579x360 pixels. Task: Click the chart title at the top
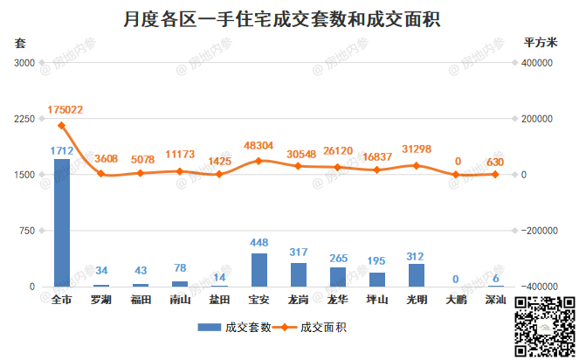pyautogui.click(x=279, y=17)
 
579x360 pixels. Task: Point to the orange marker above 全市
pyautogui.click(x=62, y=125)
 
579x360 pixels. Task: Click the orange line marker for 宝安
pyautogui.click(x=258, y=161)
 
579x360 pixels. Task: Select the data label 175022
pyautogui.click(x=65, y=110)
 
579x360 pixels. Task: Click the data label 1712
pyautogui.click(x=61, y=150)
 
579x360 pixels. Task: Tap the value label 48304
pyautogui.click(x=259, y=146)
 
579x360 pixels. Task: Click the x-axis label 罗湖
pyautogui.click(x=101, y=299)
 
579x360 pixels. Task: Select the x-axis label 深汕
pyautogui.click(x=495, y=299)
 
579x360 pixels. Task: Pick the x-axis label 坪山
pyautogui.click(x=377, y=299)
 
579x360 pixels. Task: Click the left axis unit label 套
pyautogui.click(x=19, y=42)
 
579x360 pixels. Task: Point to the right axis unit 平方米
pyautogui.click(x=540, y=42)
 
